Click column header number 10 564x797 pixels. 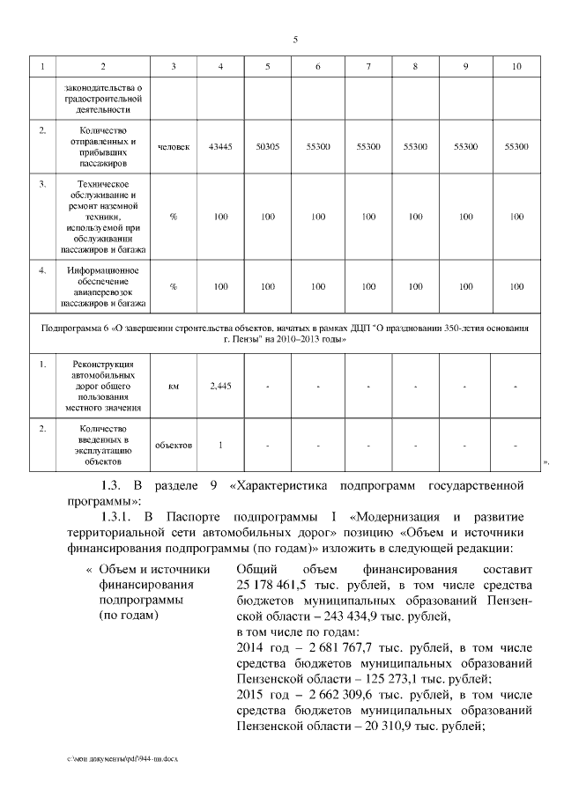tap(516, 67)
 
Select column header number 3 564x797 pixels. tap(174, 67)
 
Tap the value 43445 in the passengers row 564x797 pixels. tap(220, 147)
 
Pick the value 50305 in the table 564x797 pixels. tap(268, 147)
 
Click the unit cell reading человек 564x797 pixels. tap(174, 147)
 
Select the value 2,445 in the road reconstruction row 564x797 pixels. tap(220, 386)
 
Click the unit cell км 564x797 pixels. tap(174, 386)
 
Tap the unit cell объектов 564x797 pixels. tap(174, 444)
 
